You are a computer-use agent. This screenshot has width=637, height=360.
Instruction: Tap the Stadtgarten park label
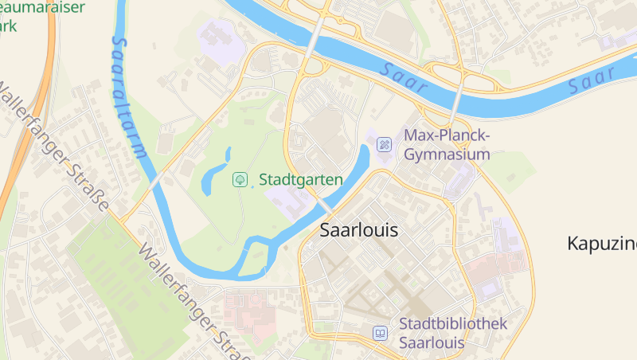pyautogui.click(x=300, y=180)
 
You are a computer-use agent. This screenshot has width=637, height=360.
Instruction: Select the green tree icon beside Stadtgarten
pyautogui.click(x=239, y=180)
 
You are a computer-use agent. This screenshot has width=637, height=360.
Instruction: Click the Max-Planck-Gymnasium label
pyautogui.click(x=447, y=144)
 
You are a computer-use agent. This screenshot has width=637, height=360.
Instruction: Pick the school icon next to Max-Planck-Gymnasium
pyautogui.click(x=384, y=144)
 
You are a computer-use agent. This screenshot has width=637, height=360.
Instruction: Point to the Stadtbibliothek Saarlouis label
pyautogui.click(x=452, y=333)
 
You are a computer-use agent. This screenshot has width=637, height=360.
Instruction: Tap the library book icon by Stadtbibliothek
pyautogui.click(x=381, y=333)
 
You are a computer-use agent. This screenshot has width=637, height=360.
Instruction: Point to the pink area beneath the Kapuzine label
pyautogui.click(x=494, y=271)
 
